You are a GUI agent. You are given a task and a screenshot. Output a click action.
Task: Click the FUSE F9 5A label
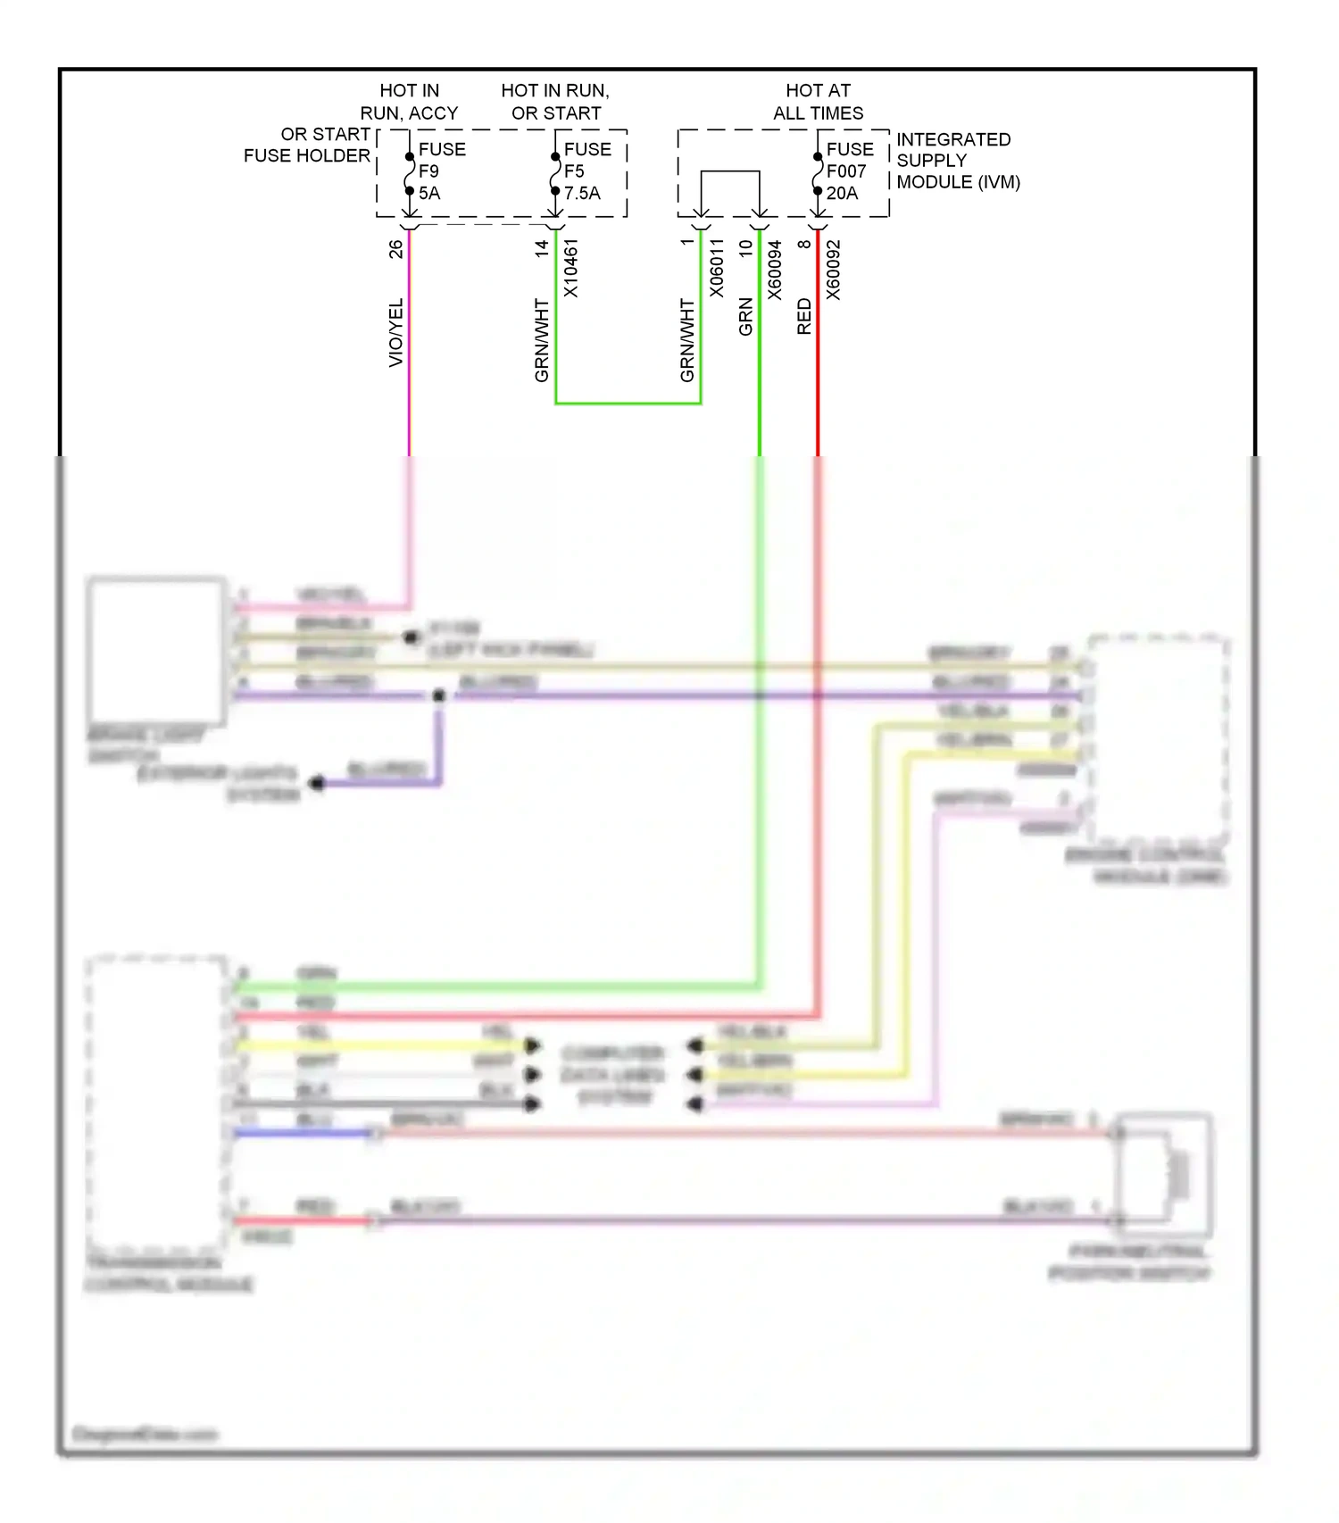coord(441,171)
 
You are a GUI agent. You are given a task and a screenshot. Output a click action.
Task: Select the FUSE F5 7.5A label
coord(586,171)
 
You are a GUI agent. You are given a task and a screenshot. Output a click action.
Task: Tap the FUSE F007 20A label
coord(848,171)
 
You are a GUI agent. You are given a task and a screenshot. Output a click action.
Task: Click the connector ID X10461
coord(571,268)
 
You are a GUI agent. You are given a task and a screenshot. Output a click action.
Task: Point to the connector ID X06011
coord(717,268)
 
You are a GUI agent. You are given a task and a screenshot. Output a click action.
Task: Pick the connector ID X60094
coord(774,270)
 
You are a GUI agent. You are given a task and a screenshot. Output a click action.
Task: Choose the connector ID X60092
coord(832,270)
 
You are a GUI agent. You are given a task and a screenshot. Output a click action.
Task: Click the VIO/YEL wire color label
coord(395,332)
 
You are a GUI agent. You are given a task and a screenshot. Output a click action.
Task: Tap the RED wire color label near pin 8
coord(803,317)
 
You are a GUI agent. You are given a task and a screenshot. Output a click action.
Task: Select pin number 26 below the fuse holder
coord(395,250)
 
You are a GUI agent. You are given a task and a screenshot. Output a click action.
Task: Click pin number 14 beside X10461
coord(542,250)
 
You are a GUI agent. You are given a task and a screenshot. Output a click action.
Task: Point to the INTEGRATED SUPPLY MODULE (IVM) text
coord(957,161)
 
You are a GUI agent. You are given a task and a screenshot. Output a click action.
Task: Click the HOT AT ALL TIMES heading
coord(818,102)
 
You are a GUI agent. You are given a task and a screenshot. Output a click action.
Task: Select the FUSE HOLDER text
coord(306,155)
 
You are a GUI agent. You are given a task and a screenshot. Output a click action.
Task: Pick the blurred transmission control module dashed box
coord(157,1103)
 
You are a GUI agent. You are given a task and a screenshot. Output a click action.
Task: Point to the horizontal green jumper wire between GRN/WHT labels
coord(628,404)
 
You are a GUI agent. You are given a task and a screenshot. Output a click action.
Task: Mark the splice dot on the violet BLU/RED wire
coord(438,695)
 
